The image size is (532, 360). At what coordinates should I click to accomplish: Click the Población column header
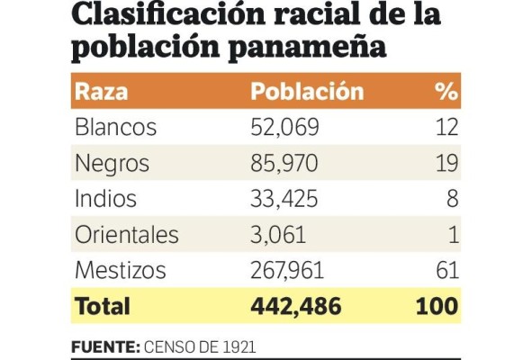pos(307,92)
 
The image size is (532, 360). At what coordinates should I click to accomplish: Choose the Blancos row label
pos(115,128)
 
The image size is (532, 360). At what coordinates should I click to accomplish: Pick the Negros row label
pos(112,164)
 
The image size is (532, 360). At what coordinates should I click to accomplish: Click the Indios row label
pos(106,199)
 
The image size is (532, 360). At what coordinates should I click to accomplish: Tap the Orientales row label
pos(127,235)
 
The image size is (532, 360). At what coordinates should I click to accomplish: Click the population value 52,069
pos(284,128)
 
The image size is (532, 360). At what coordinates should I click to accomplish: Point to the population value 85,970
pos(285,164)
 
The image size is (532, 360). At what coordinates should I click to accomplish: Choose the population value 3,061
pos(278,235)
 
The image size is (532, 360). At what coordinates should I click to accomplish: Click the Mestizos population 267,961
pos(287,270)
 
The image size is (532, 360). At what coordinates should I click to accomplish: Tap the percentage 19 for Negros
pos(447,164)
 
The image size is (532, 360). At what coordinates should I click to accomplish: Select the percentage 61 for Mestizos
pos(447,270)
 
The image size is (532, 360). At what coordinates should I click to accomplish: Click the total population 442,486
pos(295,306)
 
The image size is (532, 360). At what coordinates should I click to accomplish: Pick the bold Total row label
pos(102,306)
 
